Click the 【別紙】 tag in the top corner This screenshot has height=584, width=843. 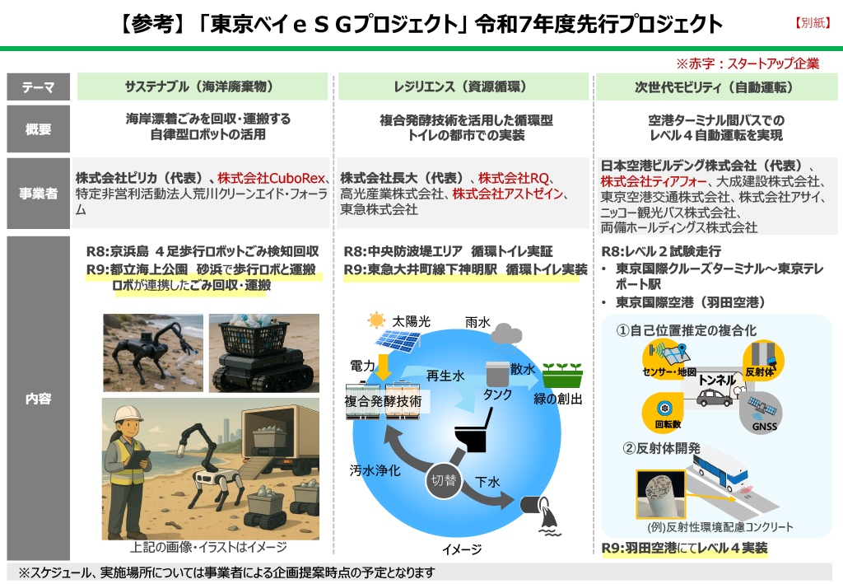click(x=813, y=22)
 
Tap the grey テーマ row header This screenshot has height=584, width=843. click(x=38, y=86)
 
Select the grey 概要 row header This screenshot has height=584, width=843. click(x=38, y=129)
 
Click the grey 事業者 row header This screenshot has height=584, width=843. click(x=38, y=194)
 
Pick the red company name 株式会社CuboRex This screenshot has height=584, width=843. click(x=272, y=178)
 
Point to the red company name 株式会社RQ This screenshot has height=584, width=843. click(x=514, y=178)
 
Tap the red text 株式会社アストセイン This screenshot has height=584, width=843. click(x=507, y=194)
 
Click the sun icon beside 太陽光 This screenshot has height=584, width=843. click(x=376, y=320)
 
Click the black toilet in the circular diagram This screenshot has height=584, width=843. click(x=473, y=430)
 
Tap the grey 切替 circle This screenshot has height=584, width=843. click(x=444, y=480)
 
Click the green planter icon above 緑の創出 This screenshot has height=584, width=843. click(x=562, y=375)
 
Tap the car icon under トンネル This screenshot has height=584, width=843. click(x=715, y=397)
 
